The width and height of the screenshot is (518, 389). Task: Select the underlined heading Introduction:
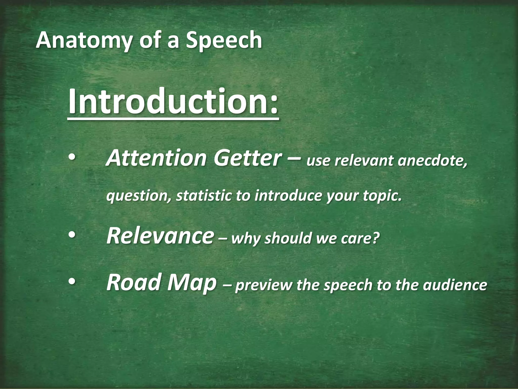coord(173,101)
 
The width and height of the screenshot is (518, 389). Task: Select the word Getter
coord(247,158)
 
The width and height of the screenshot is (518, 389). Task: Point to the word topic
coord(382,196)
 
